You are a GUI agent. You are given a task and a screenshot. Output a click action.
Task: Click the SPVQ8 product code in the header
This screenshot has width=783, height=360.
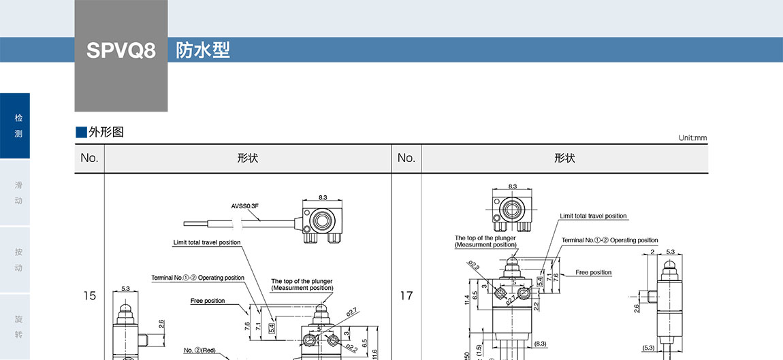121,50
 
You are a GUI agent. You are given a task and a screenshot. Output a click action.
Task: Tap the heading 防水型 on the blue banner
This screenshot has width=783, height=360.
203,50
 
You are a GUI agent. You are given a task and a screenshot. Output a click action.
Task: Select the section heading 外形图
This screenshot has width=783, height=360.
106,132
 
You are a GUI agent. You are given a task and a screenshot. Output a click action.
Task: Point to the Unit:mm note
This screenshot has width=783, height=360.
692,138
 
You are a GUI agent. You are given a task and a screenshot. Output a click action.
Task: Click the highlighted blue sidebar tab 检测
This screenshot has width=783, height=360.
18,126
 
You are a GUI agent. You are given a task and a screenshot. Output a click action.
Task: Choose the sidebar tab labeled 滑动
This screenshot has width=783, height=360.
18,193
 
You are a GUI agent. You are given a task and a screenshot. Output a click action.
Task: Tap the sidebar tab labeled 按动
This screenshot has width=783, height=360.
18,260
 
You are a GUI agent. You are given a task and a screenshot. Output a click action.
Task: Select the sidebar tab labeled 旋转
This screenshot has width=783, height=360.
18,327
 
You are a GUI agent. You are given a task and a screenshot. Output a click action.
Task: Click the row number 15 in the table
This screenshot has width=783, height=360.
89,296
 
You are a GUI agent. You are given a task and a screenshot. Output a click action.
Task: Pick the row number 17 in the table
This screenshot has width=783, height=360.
406,296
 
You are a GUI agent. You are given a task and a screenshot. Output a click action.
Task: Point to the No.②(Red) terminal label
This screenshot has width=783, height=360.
199,350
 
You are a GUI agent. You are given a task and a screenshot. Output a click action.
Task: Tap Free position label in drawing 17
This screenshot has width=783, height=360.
594,273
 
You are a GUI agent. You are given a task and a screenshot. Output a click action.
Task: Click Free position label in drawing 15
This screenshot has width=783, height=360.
208,301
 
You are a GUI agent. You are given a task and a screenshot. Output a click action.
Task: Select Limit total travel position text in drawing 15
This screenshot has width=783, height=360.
207,242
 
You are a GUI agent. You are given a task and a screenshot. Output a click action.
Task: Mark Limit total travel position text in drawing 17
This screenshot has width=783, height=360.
593,216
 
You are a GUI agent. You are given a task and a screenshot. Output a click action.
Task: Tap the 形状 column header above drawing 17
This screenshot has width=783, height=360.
564,159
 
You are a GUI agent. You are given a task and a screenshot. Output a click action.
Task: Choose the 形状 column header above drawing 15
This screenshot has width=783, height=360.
247,159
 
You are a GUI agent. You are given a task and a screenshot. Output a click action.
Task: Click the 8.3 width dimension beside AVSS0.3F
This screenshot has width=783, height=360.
323,197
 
